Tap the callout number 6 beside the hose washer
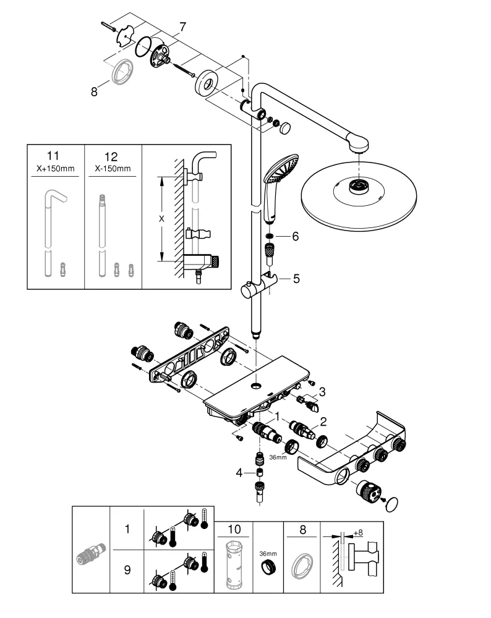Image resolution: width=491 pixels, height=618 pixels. coord(295,237)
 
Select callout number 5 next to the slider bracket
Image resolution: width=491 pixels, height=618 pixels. coord(296,279)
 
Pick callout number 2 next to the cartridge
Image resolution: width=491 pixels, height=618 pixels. coord(322,422)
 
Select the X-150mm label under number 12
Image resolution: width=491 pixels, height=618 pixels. coord(112,169)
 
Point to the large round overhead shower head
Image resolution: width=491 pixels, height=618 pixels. coord(357,192)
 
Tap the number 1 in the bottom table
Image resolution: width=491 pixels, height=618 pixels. coord(127,530)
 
